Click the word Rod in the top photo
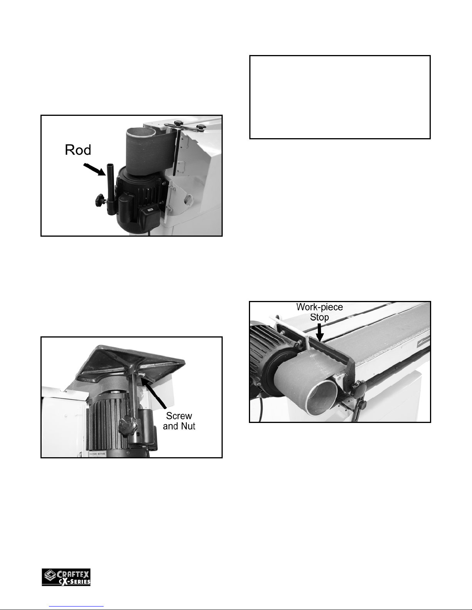point(78,150)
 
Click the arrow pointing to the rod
point(94,170)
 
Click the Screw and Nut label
point(179,421)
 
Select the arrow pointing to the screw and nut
point(154,393)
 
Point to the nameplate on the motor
point(97,453)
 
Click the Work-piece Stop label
point(319,312)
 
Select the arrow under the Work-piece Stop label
point(320,333)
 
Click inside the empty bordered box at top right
point(340,97)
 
